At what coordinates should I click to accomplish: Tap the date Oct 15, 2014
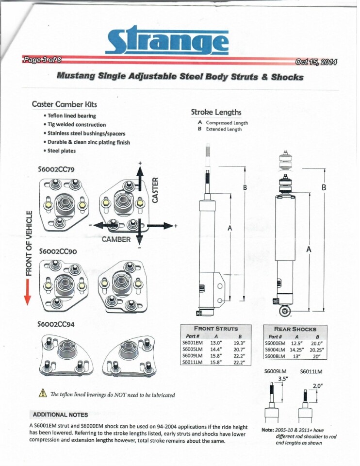pos(316,62)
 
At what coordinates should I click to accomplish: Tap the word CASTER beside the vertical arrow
pos(155,190)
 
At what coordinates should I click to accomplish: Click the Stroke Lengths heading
pos(216,112)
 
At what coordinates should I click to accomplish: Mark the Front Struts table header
pos(216,329)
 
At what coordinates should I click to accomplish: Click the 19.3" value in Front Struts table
pos(238,342)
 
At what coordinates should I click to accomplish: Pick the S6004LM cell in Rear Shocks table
pos(275,349)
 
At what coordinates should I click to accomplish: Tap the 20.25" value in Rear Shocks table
pos(316,349)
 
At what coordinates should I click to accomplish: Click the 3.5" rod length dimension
pos(283,379)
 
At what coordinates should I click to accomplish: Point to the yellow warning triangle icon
pos(42,394)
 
